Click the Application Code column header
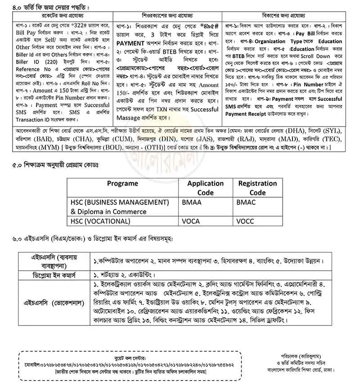[205, 187]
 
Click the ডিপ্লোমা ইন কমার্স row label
[55, 275]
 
